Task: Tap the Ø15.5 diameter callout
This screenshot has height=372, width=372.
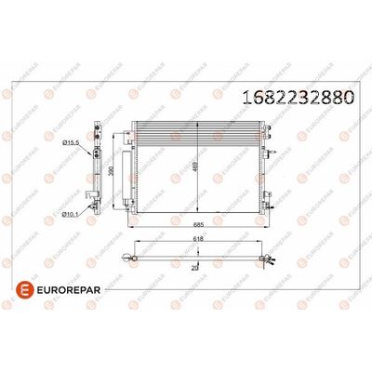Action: click(69, 141)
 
